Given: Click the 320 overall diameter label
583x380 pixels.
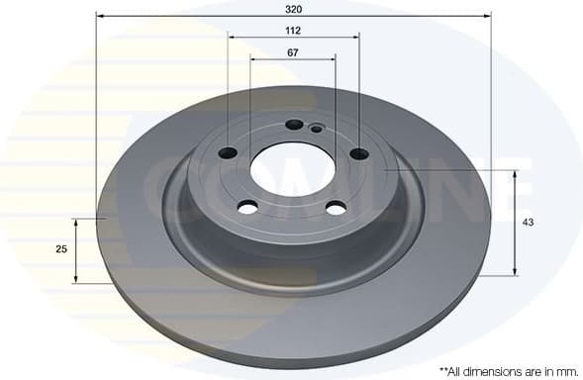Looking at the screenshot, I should (x=293, y=8).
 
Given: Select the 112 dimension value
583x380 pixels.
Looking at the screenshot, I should (x=293, y=31).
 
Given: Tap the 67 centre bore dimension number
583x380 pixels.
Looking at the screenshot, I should (x=293, y=51).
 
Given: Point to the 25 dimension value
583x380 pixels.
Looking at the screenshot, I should (x=61, y=249).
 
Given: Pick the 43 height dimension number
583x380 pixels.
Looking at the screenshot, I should (x=528, y=223).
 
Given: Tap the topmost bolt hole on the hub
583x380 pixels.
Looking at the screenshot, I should (x=294, y=125).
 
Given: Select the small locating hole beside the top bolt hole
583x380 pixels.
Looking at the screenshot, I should (x=316, y=129).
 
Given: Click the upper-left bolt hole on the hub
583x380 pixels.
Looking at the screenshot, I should (x=228, y=152).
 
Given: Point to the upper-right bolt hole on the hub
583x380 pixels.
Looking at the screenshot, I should (x=358, y=152).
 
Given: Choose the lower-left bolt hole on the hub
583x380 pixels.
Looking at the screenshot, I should (x=247, y=206).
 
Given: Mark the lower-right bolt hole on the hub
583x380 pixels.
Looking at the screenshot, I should (x=337, y=207).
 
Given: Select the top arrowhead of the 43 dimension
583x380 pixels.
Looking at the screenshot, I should (x=515, y=174).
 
